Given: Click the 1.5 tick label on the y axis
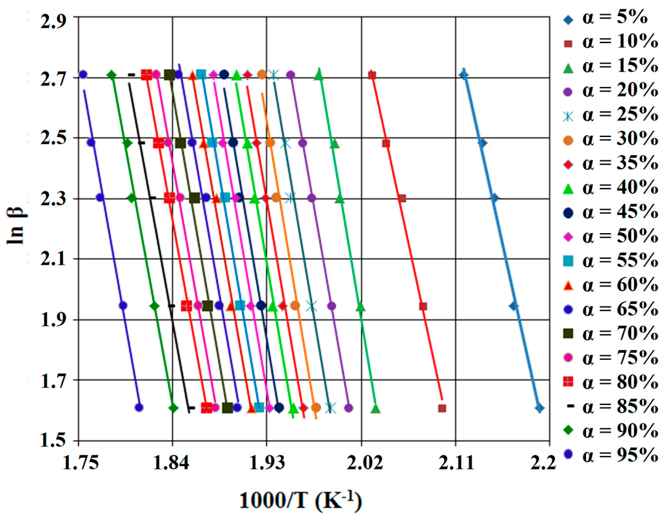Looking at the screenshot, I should [51, 442].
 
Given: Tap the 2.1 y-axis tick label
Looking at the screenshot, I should [51, 260].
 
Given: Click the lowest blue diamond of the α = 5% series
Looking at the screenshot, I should [539, 408].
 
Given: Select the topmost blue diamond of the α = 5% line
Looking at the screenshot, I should [463, 75].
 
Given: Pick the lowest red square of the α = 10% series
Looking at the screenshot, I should [442, 408].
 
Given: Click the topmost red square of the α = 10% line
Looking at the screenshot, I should [372, 75].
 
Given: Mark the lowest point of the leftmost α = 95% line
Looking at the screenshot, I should [139, 407].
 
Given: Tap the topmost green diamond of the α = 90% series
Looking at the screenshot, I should [112, 75].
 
